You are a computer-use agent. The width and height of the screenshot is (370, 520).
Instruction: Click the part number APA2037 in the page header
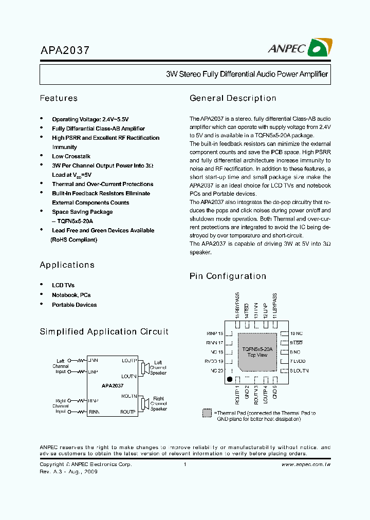click(x=65, y=50)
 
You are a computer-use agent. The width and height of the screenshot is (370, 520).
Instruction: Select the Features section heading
click(x=59, y=98)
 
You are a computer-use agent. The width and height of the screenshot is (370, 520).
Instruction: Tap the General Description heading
click(x=233, y=98)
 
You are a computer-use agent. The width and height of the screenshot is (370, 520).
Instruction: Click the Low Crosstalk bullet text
click(x=71, y=156)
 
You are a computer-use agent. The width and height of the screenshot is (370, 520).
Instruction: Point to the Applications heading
click(x=67, y=265)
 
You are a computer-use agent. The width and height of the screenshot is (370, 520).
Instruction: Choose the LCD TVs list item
click(x=63, y=285)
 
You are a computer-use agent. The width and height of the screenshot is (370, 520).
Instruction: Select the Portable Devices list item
click(x=74, y=305)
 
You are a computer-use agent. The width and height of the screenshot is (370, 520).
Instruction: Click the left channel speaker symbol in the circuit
click(x=145, y=367)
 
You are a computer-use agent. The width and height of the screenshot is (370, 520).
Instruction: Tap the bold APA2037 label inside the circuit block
click(x=112, y=385)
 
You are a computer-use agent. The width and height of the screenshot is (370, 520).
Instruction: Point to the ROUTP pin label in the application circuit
click(x=128, y=412)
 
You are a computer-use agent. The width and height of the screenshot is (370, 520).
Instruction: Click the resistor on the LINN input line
click(x=81, y=361)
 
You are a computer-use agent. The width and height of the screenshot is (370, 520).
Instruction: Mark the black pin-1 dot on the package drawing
click(x=230, y=380)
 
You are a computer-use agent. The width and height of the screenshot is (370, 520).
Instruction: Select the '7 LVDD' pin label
click(x=299, y=361)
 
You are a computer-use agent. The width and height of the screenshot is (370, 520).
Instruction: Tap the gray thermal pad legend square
click(x=207, y=413)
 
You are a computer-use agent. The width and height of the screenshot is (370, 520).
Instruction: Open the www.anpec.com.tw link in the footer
click(x=306, y=465)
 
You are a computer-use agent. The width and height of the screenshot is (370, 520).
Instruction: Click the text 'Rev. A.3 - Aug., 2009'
click(x=68, y=472)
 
